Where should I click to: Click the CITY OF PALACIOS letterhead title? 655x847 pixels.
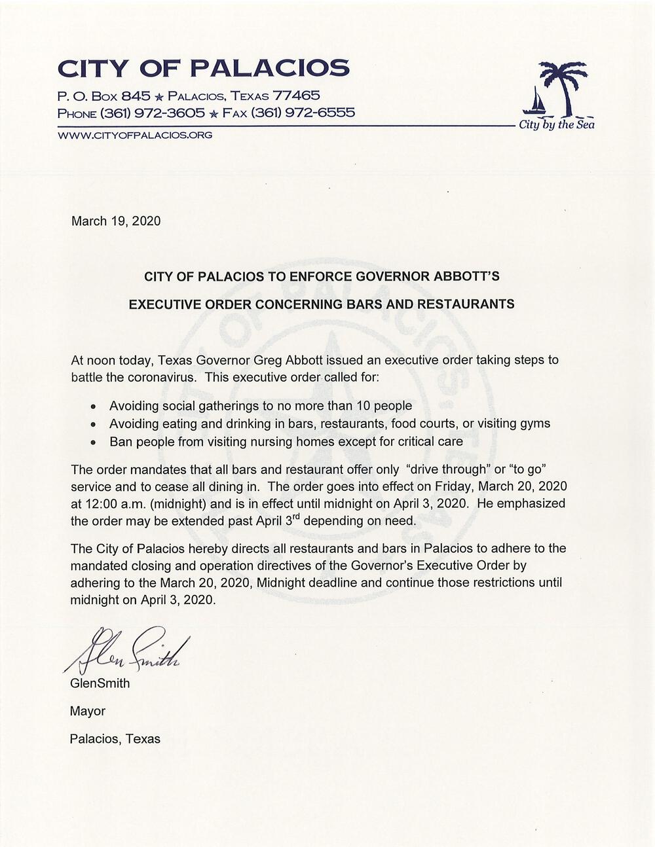[x=204, y=68]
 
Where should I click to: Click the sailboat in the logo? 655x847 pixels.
[x=537, y=101]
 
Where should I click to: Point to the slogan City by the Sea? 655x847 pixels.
[x=557, y=124]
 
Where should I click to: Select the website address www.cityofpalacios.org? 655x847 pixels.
[x=135, y=135]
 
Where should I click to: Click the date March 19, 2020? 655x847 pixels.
[x=115, y=221]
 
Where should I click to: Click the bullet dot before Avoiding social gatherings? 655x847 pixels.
[x=94, y=406]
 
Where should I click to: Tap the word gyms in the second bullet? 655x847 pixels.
[x=536, y=424]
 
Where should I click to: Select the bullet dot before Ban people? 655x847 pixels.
[x=94, y=442]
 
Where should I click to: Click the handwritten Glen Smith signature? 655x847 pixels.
[x=124, y=651]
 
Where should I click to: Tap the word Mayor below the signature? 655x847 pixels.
[x=88, y=711]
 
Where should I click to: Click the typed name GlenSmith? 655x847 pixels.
[x=100, y=683]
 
